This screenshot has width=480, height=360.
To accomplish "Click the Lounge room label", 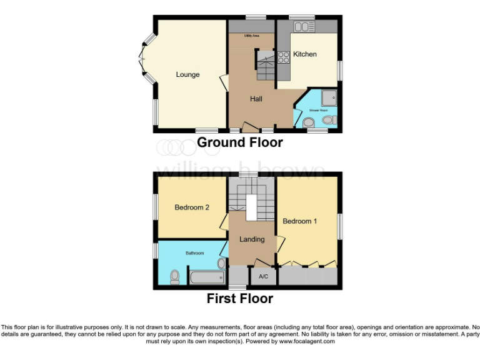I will tap(187, 75).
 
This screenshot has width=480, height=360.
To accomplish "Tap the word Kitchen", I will tap(305, 54).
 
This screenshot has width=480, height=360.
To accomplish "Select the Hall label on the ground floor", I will tap(256, 99).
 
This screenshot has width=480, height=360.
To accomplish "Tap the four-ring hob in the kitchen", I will tap(282, 57).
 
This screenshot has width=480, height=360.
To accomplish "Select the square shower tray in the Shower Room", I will tap(329, 97).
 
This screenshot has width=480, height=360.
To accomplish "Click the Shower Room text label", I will tap(319, 111).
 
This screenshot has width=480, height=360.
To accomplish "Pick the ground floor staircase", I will tap(265, 65).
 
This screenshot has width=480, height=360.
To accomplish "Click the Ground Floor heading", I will tap(240, 142).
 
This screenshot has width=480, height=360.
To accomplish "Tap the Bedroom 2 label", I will tap(192, 207).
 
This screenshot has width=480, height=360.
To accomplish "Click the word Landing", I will tap(252, 239).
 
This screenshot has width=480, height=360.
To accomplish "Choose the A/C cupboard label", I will tap(263, 276).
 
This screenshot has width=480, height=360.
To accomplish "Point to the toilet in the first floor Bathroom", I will tap(175, 276).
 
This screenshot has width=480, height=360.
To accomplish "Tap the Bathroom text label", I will tap(194, 253).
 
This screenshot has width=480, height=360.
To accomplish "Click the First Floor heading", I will tap(240, 299).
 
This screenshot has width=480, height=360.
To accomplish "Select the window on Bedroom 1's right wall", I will tap(340, 227).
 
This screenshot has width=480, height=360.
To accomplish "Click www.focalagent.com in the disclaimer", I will tap(307, 342).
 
